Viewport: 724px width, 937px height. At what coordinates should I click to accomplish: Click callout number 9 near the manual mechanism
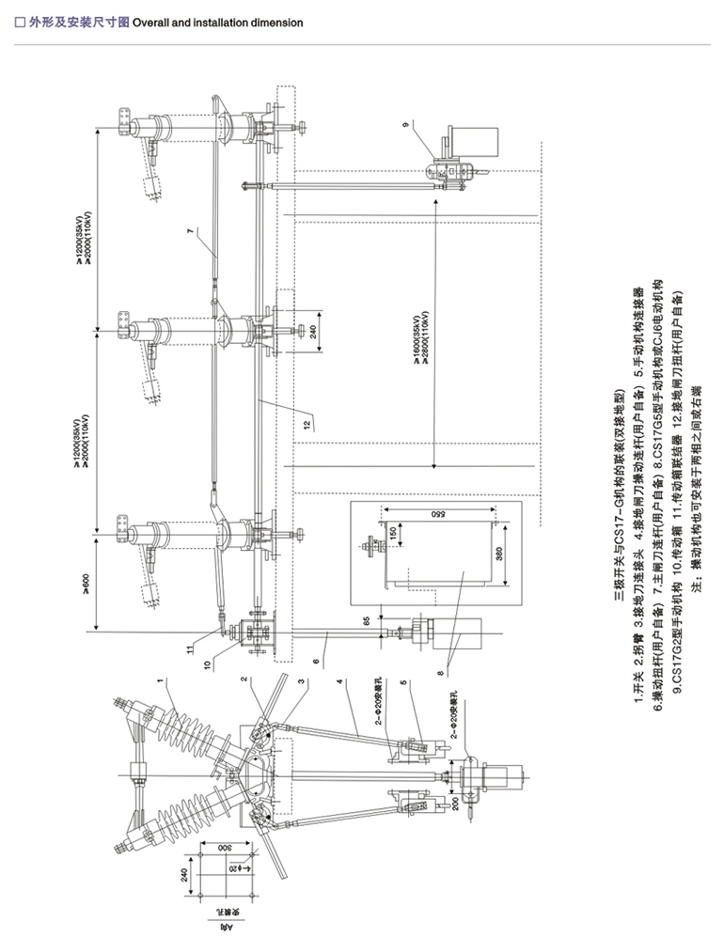(x=432, y=124)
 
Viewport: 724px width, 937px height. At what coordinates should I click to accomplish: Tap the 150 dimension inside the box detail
(x=390, y=533)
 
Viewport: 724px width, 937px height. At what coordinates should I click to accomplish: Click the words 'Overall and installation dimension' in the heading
(x=218, y=22)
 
